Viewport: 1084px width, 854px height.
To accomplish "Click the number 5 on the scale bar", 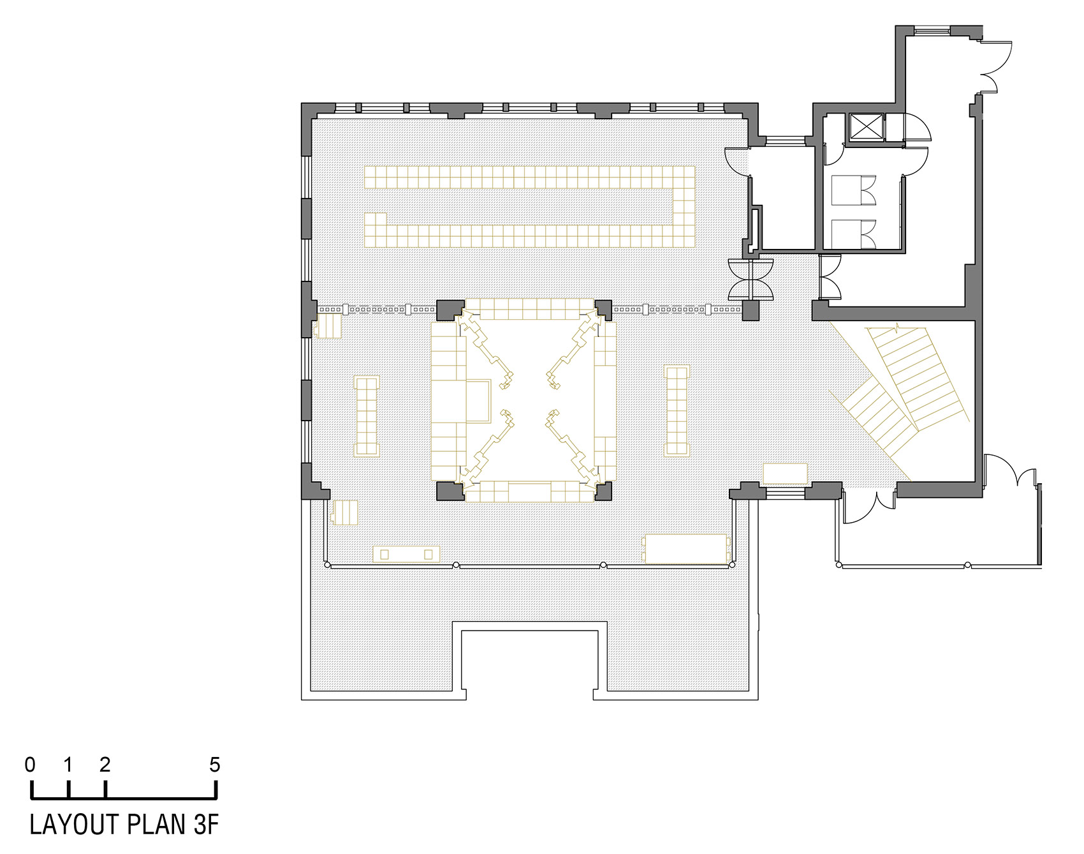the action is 214,765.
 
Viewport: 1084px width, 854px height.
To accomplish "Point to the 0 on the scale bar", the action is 30,765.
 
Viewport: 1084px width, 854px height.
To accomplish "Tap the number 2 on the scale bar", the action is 105,765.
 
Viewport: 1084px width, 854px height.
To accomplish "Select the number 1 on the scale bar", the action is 68,765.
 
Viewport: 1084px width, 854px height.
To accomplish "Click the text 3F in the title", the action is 207,825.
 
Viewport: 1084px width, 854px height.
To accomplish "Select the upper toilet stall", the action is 854,190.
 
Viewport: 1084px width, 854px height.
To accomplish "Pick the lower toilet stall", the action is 854,234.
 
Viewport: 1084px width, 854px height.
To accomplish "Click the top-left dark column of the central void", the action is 449,310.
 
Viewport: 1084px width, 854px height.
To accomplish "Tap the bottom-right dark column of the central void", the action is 602,491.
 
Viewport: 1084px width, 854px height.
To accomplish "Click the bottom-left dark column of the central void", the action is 449,491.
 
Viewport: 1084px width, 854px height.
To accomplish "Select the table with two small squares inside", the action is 407,554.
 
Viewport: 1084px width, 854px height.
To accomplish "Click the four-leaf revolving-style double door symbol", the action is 752,280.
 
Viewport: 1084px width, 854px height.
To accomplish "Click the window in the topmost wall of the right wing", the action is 932,31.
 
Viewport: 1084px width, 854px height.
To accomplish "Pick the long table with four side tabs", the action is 686,549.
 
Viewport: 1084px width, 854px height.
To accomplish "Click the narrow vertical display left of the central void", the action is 367,416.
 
